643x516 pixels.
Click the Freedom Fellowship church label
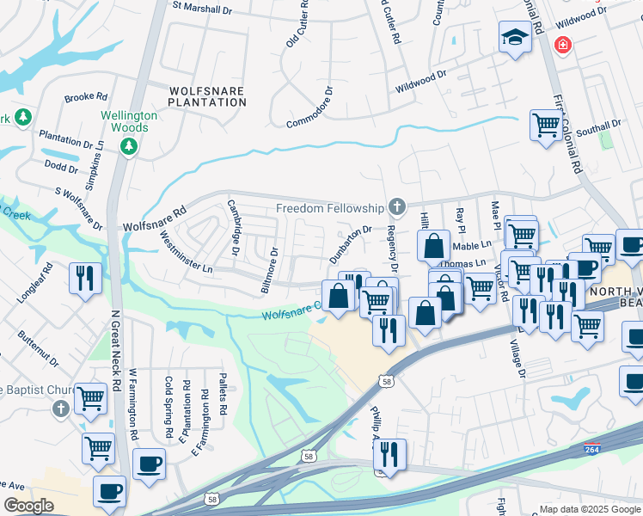click(x=329, y=208)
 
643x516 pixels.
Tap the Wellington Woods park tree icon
click(x=129, y=147)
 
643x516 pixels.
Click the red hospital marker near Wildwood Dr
click(x=563, y=44)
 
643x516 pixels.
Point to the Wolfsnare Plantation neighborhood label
click(x=207, y=95)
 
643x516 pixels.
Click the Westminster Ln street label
click(x=186, y=255)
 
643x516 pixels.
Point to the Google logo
click(x=28, y=506)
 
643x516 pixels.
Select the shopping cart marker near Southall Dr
click(x=545, y=126)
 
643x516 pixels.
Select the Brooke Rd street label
click(x=85, y=97)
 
